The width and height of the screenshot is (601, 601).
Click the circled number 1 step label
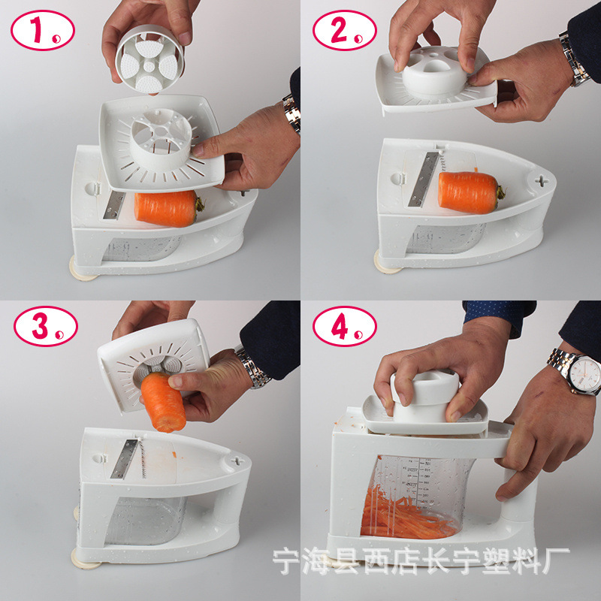click(43, 30)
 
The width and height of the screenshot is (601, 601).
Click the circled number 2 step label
click(345, 30)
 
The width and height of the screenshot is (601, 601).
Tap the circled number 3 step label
click(46, 326)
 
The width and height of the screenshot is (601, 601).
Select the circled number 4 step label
click(345, 326)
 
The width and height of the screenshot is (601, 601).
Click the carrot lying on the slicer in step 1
click(168, 209)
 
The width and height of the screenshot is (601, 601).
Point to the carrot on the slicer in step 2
click(471, 192)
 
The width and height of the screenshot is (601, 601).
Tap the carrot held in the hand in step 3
click(163, 403)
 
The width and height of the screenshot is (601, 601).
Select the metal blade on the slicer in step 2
click(423, 180)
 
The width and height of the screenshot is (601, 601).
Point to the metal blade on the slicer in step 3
click(124, 459)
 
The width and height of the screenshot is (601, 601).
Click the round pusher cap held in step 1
click(149, 59)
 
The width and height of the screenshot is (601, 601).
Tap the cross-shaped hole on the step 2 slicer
click(541, 181)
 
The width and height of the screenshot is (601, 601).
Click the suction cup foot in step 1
click(82, 270)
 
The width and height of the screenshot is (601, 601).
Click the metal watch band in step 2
click(573, 59)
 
